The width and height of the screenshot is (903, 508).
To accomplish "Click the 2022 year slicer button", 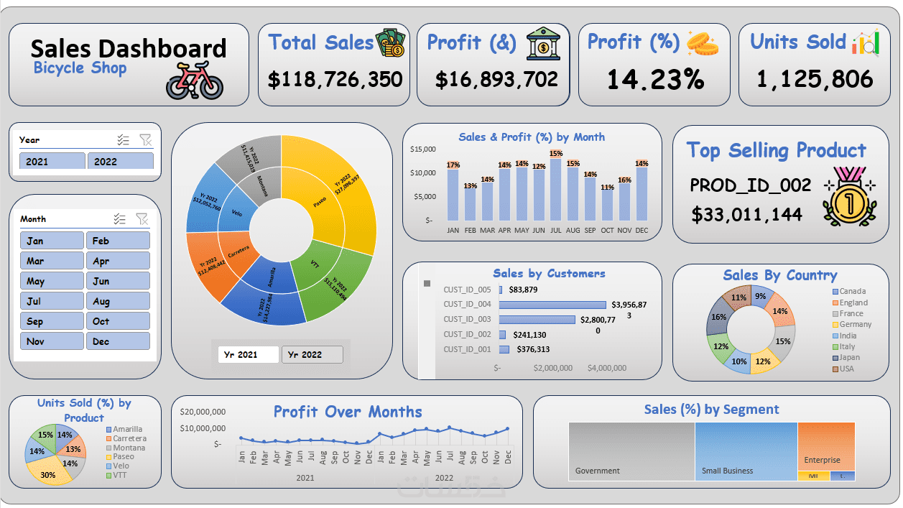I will coord(120,162).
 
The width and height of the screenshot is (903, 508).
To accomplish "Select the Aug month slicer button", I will coord(118,302).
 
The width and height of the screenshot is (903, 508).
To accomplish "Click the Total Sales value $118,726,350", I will coord(335,79).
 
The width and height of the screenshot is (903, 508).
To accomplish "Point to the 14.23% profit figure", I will coord(654,79).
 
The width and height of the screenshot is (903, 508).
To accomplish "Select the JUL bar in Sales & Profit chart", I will coord(556,190).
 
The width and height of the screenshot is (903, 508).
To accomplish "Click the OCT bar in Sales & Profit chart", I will coord(608,205).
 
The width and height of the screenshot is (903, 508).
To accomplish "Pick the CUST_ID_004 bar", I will coord(552,305).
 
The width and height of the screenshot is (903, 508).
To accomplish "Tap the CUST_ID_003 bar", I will coord(537,320).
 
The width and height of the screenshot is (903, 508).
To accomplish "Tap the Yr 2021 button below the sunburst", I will coord(248,355).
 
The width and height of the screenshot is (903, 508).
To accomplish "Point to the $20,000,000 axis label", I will coord(203,412).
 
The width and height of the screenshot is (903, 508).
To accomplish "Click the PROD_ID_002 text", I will coord(750,185).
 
